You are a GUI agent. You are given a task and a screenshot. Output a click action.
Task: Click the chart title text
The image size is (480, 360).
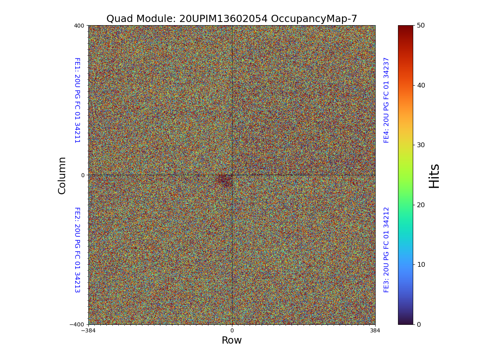232,19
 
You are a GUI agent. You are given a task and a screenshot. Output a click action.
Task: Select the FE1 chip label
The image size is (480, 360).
77,100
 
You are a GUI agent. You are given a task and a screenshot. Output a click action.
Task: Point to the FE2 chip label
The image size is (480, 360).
77,250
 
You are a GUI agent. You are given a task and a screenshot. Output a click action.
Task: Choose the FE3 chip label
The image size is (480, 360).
386,250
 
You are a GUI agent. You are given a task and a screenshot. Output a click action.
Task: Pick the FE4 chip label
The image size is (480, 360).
386,100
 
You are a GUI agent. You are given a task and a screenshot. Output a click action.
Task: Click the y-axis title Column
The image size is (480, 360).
62,175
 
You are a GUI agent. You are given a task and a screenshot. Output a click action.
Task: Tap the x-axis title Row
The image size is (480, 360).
232,340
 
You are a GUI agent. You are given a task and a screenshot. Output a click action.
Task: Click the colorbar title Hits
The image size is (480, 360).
434,176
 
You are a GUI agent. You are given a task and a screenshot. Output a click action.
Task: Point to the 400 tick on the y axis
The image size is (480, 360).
79,26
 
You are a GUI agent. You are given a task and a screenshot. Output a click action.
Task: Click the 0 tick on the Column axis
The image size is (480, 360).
83,175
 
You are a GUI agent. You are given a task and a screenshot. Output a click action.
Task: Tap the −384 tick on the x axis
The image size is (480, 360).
88,331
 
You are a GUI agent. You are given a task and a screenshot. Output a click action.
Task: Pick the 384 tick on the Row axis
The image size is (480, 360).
375,331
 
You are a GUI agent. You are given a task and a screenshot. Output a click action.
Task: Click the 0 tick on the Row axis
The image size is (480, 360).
232,331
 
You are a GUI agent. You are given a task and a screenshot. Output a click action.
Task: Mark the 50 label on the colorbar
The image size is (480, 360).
421,25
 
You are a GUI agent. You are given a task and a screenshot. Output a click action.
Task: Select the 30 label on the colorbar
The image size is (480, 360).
421,145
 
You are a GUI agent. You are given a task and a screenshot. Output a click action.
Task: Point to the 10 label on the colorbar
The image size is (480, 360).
421,264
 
